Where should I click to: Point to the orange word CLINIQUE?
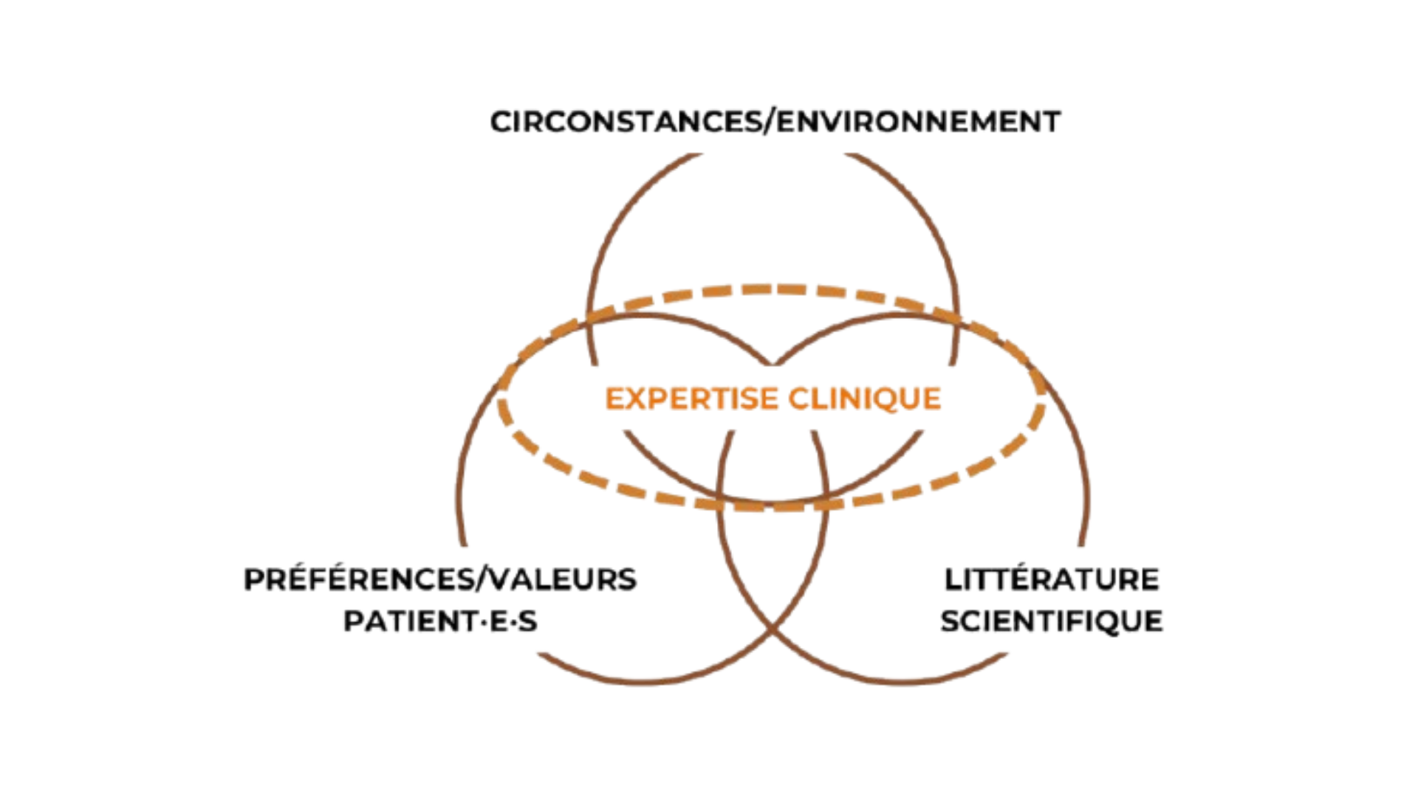865,399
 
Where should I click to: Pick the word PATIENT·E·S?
440,621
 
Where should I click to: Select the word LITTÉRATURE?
1051,580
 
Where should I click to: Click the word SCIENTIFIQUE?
1051,621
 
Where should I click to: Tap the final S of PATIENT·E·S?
527,622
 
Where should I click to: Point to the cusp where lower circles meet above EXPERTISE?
773,364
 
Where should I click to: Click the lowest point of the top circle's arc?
773,503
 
